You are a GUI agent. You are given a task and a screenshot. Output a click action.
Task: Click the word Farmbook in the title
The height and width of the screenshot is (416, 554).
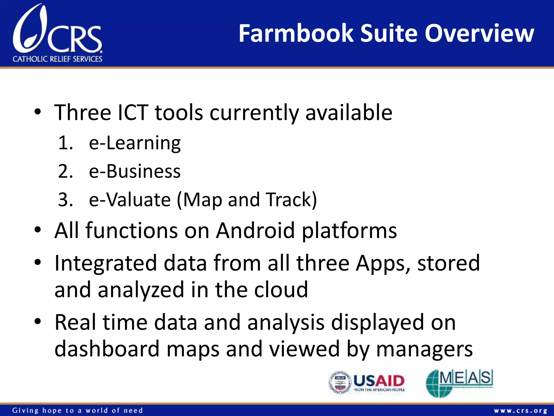[296, 34]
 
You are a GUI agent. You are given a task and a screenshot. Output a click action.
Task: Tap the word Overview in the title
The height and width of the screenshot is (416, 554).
[479, 34]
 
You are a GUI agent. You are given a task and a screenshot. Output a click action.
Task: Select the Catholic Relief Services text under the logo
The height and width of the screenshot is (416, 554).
[57, 59]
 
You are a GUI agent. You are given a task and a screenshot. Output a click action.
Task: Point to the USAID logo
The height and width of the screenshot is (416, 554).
[367, 382]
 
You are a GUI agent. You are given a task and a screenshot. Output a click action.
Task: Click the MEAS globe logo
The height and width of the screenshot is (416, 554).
[459, 382]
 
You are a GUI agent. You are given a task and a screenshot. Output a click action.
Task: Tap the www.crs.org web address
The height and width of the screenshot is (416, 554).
[520, 411]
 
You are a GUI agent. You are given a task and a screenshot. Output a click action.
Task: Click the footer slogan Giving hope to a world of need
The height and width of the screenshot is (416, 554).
[77, 411]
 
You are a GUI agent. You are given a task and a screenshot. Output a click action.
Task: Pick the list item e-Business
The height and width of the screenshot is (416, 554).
[135, 171]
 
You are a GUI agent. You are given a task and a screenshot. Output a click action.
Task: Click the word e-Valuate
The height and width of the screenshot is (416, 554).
[130, 200]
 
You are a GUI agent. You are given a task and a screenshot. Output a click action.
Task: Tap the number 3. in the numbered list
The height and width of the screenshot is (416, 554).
[65, 200]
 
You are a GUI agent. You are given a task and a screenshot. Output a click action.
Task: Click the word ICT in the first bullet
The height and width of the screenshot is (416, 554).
[133, 112]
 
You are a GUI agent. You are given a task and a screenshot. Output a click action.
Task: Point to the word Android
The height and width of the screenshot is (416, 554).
[255, 230]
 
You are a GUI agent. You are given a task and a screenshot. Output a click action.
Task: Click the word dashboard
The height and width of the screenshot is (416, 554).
[107, 349]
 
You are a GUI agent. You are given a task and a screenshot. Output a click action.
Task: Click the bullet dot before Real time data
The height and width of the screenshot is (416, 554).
[38, 321]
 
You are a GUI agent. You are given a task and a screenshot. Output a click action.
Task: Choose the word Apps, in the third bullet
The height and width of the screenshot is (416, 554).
[383, 263]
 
